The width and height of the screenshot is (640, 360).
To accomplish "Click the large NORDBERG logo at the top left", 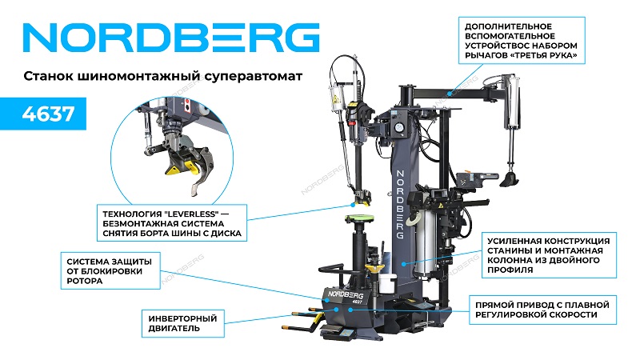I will coord(171,38).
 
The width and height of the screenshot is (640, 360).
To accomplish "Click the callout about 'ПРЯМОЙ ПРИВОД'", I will coord(542,310).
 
